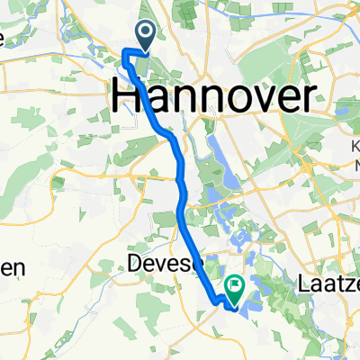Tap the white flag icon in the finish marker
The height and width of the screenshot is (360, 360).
point(236,286)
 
